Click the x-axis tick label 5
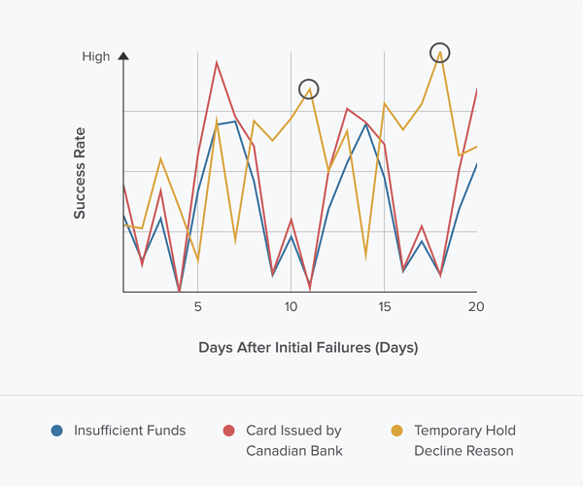[x=197, y=307]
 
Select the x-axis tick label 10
[x=291, y=307]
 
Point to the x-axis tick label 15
[x=384, y=307]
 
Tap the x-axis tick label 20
[x=476, y=307]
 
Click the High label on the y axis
[x=96, y=56]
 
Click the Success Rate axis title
[x=80, y=173]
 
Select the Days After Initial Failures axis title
[x=307, y=347]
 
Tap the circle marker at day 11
[x=309, y=88]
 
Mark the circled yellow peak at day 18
[x=440, y=52]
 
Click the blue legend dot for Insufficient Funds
[x=57, y=431]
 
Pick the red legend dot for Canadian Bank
[x=229, y=431]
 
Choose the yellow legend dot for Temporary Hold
[x=396, y=431]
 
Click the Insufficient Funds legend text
[x=129, y=431]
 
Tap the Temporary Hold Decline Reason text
[x=464, y=440]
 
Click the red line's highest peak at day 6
[x=216, y=62]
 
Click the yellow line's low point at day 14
[x=365, y=258]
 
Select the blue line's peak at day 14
[x=365, y=123]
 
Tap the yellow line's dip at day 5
[x=197, y=260]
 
